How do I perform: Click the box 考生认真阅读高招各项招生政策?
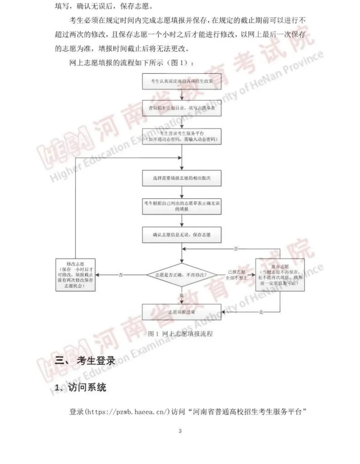pyautogui.click(x=182, y=81)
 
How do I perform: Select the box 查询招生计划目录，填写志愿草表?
pyautogui.click(x=182, y=108)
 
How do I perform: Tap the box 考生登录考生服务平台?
pyautogui.click(x=182, y=136)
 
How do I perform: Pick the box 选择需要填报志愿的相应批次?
pyautogui.click(x=182, y=178)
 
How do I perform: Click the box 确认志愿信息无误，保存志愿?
pyautogui.click(x=182, y=235)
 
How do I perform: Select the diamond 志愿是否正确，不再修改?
pyautogui.click(x=181, y=275)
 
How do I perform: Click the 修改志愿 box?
pyautogui.click(x=75, y=275)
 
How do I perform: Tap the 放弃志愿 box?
pyautogui.click(x=280, y=275)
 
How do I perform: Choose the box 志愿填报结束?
pyautogui.click(x=182, y=312)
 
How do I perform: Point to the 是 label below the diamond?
pyautogui.click(x=182, y=296)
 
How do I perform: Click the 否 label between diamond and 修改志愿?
pyautogui.click(x=121, y=275)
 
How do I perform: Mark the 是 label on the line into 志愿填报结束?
pyautogui.click(x=261, y=312)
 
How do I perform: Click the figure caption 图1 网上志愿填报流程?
pyautogui.click(x=180, y=334)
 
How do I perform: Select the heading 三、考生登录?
pyautogui.click(x=85, y=361)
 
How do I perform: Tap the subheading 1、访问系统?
pyautogui.click(x=81, y=387)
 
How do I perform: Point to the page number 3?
pyautogui.click(x=180, y=431)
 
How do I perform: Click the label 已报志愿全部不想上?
pyautogui.click(x=236, y=275)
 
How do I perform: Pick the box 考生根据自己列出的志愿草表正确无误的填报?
pyautogui.click(x=182, y=206)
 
